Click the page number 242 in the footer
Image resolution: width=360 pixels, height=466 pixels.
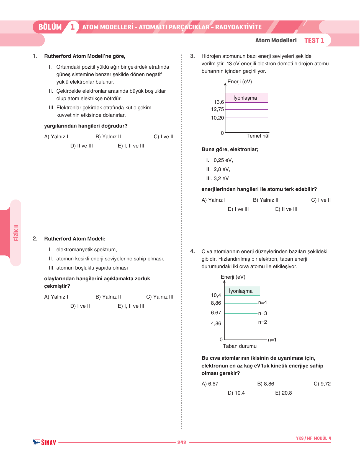coord(182,442)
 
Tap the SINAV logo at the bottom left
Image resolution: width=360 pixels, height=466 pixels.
coord(45,442)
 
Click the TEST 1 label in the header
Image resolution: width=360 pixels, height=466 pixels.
coord(314,40)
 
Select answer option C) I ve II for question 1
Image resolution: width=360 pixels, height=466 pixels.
coord(163,137)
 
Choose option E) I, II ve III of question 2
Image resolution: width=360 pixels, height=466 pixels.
coord(131,306)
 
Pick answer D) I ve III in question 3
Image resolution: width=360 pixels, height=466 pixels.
coord(238,209)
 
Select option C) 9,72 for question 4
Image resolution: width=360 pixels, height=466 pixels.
coord(322,384)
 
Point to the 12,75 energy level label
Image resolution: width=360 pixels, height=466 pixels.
coord(217,109)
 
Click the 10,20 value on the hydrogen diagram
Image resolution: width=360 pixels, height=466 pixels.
coord(217,118)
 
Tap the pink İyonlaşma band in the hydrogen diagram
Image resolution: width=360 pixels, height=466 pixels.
coord(246,98)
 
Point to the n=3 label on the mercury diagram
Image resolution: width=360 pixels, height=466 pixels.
coord(263,313)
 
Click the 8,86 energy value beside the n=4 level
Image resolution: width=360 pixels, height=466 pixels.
coord(216,303)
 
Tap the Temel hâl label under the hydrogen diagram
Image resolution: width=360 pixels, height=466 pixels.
coord(258,136)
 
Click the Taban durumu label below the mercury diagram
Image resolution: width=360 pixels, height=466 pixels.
coord(240,346)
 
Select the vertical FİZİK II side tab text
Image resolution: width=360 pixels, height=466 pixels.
coord(16,232)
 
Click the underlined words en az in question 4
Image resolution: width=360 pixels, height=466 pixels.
coord(236,366)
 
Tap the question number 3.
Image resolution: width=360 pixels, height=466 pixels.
coord(192,56)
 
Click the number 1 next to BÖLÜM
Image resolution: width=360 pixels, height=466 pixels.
coord(73,27)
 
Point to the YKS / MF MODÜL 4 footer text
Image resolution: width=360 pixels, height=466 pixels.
coord(313,438)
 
